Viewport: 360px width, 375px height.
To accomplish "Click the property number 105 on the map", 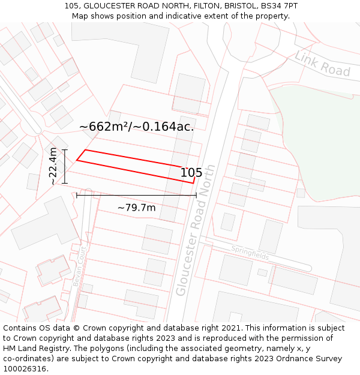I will pos(191,173).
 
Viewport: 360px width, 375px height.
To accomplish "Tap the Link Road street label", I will pos(322,64).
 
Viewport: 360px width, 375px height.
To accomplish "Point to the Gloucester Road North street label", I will pos(196,229).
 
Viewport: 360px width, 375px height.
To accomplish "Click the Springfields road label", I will pos(250,252).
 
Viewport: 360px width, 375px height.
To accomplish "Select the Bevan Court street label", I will pos(77,266).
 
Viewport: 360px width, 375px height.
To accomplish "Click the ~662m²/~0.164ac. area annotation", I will pos(137,127).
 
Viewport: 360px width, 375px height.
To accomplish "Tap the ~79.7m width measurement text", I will pos(136,208).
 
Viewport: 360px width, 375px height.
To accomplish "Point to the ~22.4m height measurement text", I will pos(53,166).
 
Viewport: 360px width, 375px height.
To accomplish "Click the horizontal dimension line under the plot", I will pos(136,195).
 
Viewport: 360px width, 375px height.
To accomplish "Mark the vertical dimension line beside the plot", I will pos(65,166).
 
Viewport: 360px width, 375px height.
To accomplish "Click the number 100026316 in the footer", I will pos(25,369).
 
